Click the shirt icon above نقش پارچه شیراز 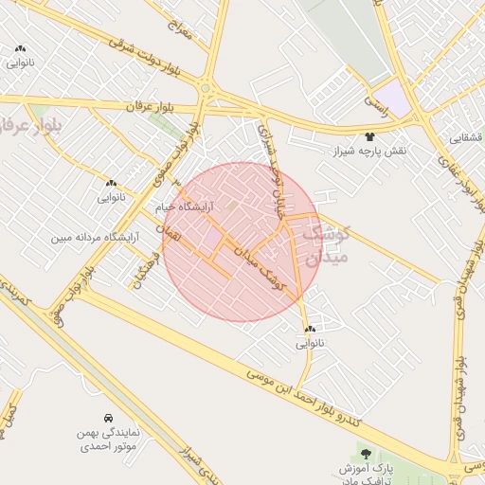click(368, 136)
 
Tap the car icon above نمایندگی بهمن click(109, 418)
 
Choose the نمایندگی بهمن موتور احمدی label click(109, 438)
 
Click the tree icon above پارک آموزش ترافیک click(367, 454)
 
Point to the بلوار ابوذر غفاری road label click(447, 169)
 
